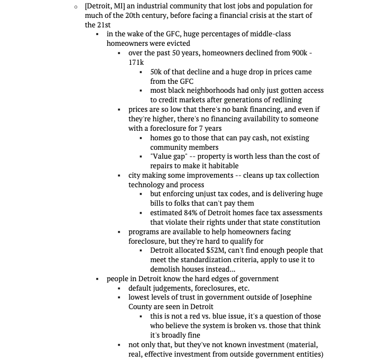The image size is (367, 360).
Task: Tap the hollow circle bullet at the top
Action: coord(76,7)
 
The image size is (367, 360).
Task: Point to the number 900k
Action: coord(297,53)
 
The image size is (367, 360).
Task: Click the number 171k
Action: coord(136,63)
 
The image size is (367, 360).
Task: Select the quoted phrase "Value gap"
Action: coord(169,157)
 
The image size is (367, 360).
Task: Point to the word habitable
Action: coord(223,166)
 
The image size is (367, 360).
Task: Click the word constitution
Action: coord(297,222)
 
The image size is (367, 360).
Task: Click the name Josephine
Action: coord(288,297)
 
